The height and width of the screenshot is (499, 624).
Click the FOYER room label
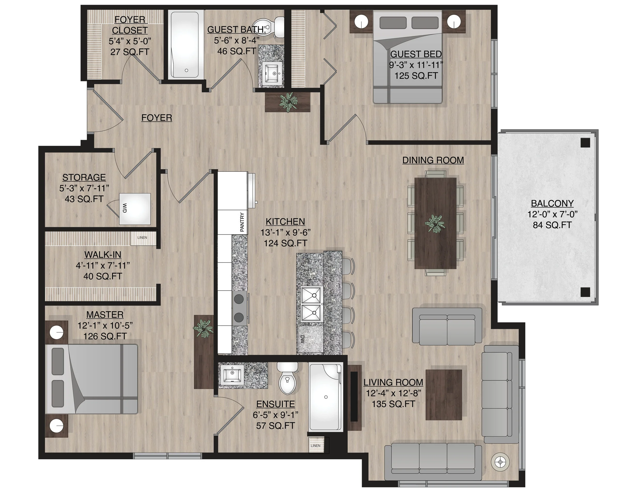(x=157, y=118)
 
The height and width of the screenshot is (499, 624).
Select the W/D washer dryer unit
(x=135, y=209)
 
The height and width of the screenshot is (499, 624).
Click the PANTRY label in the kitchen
(x=242, y=222)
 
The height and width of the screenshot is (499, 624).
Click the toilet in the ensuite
(x=287, y=378)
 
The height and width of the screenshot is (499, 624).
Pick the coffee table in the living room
(x=444, y=395)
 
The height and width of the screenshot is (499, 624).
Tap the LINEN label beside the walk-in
(x=142, y=238)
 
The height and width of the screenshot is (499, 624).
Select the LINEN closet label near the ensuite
(x=315, y=446)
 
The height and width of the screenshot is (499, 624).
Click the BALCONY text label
(x=552, y=203)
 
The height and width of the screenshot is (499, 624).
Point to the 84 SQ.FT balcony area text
(x=552, y=225)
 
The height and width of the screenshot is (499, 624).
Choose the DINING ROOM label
(x=433, y=160)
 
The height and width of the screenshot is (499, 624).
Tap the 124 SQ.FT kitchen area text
(x=285, y=243)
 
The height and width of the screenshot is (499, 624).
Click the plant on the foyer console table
(x=288, y=102)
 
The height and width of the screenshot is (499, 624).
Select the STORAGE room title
(x=84, y=177)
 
